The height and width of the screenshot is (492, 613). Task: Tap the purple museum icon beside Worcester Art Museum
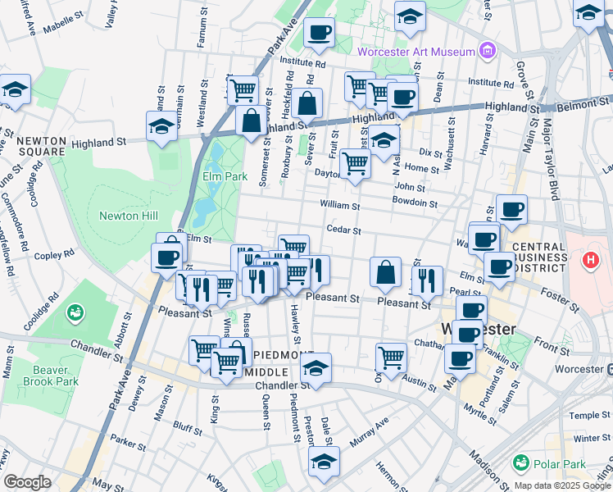(x=488, y=52)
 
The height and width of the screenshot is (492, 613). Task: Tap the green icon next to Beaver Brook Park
(x=75, y=312)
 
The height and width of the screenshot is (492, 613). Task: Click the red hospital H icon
(x=589, y=262)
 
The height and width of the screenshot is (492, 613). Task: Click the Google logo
(x=28, y=482)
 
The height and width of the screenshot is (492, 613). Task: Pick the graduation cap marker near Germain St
(x=162, y=125)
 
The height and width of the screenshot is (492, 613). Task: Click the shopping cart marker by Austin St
(x=392, y=356)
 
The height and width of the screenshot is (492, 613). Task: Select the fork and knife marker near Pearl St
(x=427, y=280)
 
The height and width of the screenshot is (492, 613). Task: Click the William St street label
(x=339, y=205)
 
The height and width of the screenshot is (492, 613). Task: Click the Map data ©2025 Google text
(x=561, y=485)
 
